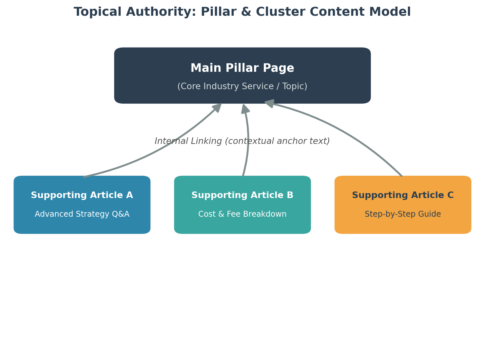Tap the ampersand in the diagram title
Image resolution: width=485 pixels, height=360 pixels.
(246, 11)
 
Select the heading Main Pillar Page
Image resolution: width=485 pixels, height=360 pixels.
(242, 68)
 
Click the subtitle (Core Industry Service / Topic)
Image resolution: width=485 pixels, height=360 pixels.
(242, 87)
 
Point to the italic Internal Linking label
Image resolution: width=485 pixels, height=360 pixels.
(242, 141)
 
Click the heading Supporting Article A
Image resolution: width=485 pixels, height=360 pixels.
(82, 195)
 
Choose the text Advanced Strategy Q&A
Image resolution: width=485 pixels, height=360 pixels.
(82, 214)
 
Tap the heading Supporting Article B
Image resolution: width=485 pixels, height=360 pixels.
(242, 195)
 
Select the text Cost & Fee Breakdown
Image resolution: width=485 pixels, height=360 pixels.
(242, 214)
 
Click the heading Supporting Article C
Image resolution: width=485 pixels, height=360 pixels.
(403, 195)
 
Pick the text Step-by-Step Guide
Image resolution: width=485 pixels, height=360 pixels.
(403, 214)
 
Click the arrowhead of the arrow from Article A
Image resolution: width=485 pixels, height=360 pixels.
(217, 108)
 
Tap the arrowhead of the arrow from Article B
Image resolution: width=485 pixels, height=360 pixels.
(245, 109)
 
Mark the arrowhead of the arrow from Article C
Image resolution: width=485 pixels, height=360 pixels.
(270, 103)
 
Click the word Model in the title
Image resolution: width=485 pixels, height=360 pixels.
(390, 12)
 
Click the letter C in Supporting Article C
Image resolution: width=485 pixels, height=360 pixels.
(451, 195)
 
